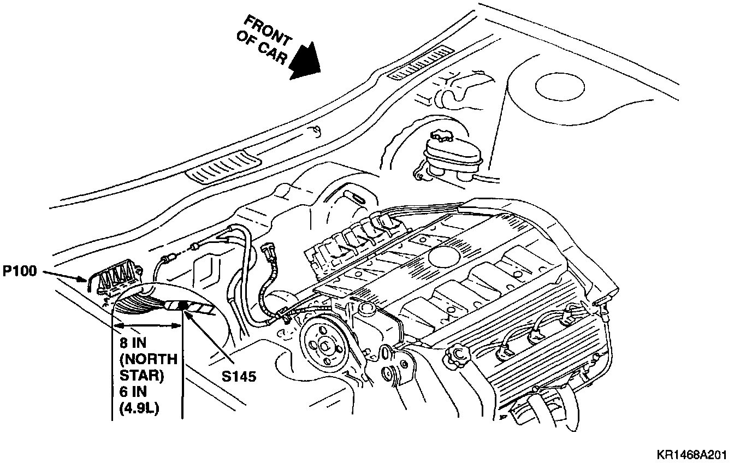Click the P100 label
pyautogui.click(x=20, y=271)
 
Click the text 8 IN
pyautogui.click(x=135, y=345)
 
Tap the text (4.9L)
pyautogui.click(x=139, y=408)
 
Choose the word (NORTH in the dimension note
pyautogui.click(x=147, y=360)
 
